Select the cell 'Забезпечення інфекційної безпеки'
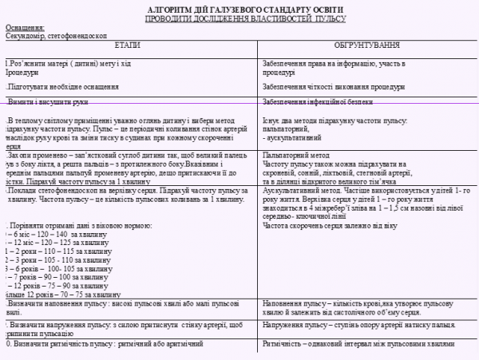pyautogui.click(x=319, y=102)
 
